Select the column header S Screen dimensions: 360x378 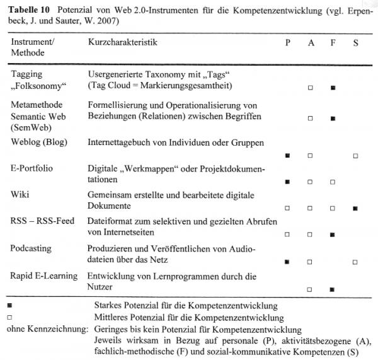click(356, 42)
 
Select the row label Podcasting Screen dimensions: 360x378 click(31, 248)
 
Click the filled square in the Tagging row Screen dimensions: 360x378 click(333, 88)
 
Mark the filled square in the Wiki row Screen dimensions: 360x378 click(356, 208)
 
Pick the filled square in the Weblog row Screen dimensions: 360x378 click(287, 155)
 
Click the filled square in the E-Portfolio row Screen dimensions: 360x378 click(287, 182)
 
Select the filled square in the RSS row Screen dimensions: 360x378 click(333, 235)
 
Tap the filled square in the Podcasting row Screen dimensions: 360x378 click(287, 262)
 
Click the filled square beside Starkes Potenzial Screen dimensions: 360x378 click(8, 306)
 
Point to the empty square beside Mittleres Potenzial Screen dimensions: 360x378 click(8, 317)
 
